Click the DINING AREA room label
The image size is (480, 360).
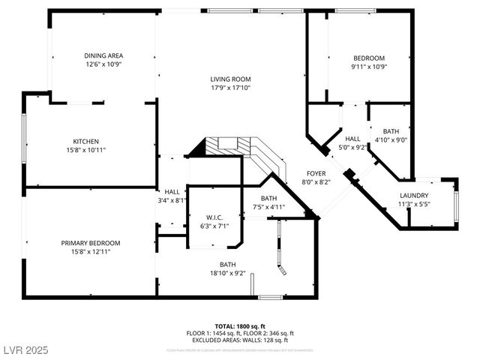coord(103,55)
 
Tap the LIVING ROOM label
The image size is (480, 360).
coord(229,79)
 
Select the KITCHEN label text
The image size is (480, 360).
coord(85,142)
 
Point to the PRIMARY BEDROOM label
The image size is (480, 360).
coord(90,243)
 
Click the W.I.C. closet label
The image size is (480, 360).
coord(214,217)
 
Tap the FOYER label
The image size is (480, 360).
coord(316,173)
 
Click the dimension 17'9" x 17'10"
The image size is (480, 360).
coord(229,88)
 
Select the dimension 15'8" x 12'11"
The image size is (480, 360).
coord(90,252)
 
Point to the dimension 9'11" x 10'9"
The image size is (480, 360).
coord(369,67)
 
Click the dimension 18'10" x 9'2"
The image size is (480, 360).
coord(227,273)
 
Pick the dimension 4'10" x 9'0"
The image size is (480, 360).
coord(390,140)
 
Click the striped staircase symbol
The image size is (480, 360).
coord(223,145)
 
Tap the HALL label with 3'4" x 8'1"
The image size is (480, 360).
coord(172,191)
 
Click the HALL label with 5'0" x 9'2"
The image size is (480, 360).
coord(353,139)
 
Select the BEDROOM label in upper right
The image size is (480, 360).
coord(369,58)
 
